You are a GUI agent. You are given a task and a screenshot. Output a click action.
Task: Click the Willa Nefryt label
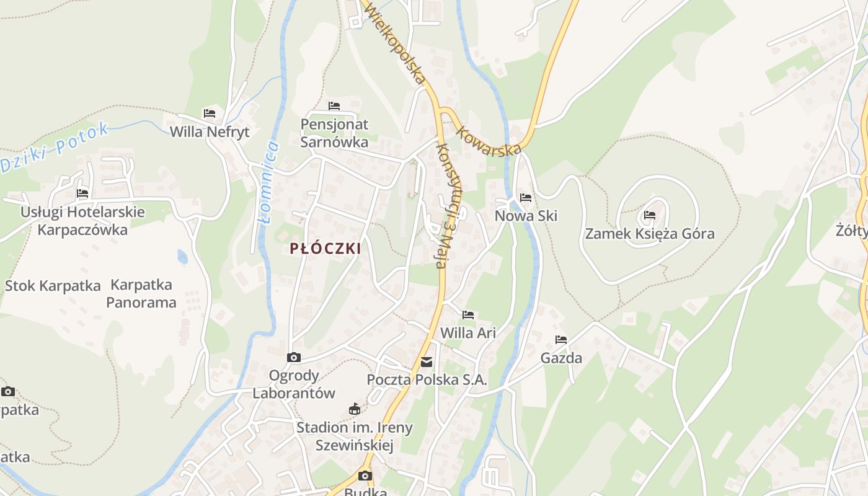tap(210, 131)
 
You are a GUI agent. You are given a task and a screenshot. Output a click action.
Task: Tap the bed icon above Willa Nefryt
tap(210, 113)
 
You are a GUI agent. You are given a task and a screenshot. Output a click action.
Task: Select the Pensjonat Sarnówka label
tap(334, 133)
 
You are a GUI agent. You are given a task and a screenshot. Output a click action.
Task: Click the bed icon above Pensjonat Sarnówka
tap(334, 106)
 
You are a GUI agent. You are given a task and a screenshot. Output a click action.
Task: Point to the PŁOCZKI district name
tap(325, 249)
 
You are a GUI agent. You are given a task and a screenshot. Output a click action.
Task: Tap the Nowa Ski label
tap(526, 216)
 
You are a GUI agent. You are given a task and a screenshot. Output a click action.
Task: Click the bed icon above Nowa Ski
tap(526, 198)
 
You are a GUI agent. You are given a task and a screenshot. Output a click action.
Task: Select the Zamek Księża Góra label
tap(650, 234)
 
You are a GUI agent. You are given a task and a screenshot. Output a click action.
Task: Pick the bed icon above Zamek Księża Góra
tap(650, 215)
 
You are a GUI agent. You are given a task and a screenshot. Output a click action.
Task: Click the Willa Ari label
tap(468, 333)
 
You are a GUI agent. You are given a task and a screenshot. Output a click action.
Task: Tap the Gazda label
tap(561, 358)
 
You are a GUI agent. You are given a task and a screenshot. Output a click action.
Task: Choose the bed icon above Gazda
tap(561, 339)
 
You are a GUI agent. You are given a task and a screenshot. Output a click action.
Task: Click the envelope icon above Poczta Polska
tap(427, 362)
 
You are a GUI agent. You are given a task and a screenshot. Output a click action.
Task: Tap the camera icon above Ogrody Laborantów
tap(294, 357)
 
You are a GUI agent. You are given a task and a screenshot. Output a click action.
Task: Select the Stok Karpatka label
tap(53, 286)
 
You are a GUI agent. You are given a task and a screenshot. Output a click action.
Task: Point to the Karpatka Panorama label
tap(141, 294)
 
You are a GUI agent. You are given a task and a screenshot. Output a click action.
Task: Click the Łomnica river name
tap(268, 182)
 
